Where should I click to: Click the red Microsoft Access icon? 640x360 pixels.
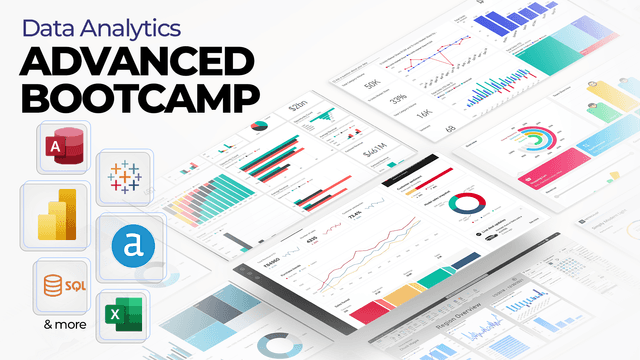tap(62, 149)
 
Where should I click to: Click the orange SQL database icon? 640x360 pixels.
tap(61, 288)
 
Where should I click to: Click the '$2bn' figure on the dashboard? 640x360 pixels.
tap(297, 105)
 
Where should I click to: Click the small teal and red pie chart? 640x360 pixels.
tap(259, 126)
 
